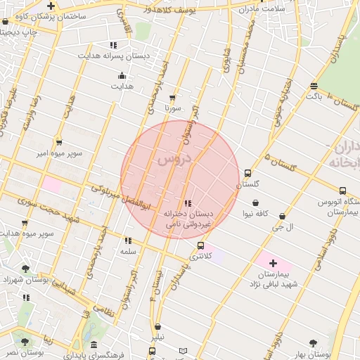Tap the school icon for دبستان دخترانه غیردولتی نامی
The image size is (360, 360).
pyautogui.click(x=186, y=203)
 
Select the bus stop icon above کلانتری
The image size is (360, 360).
pyautogui.click(x=202, y=246)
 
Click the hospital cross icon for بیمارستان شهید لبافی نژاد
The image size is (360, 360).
pyautogui.click(x=274, y=262)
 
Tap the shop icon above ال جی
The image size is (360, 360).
pyautogui.click(x=283, y=217)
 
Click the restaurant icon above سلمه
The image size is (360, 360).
pyautogui.click(x=127, y=240)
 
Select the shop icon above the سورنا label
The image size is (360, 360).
pyautogui.click(x=172, y=98)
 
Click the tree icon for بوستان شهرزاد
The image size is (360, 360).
pyautogui.click(x=25, y=269)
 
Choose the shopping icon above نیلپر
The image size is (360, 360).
pyautogui.click(x=157, y=327)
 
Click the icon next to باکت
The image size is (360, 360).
pyautogui.click(x=313, y=86)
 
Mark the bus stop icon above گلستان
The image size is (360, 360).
pyautogui.click(x=247, y=173)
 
